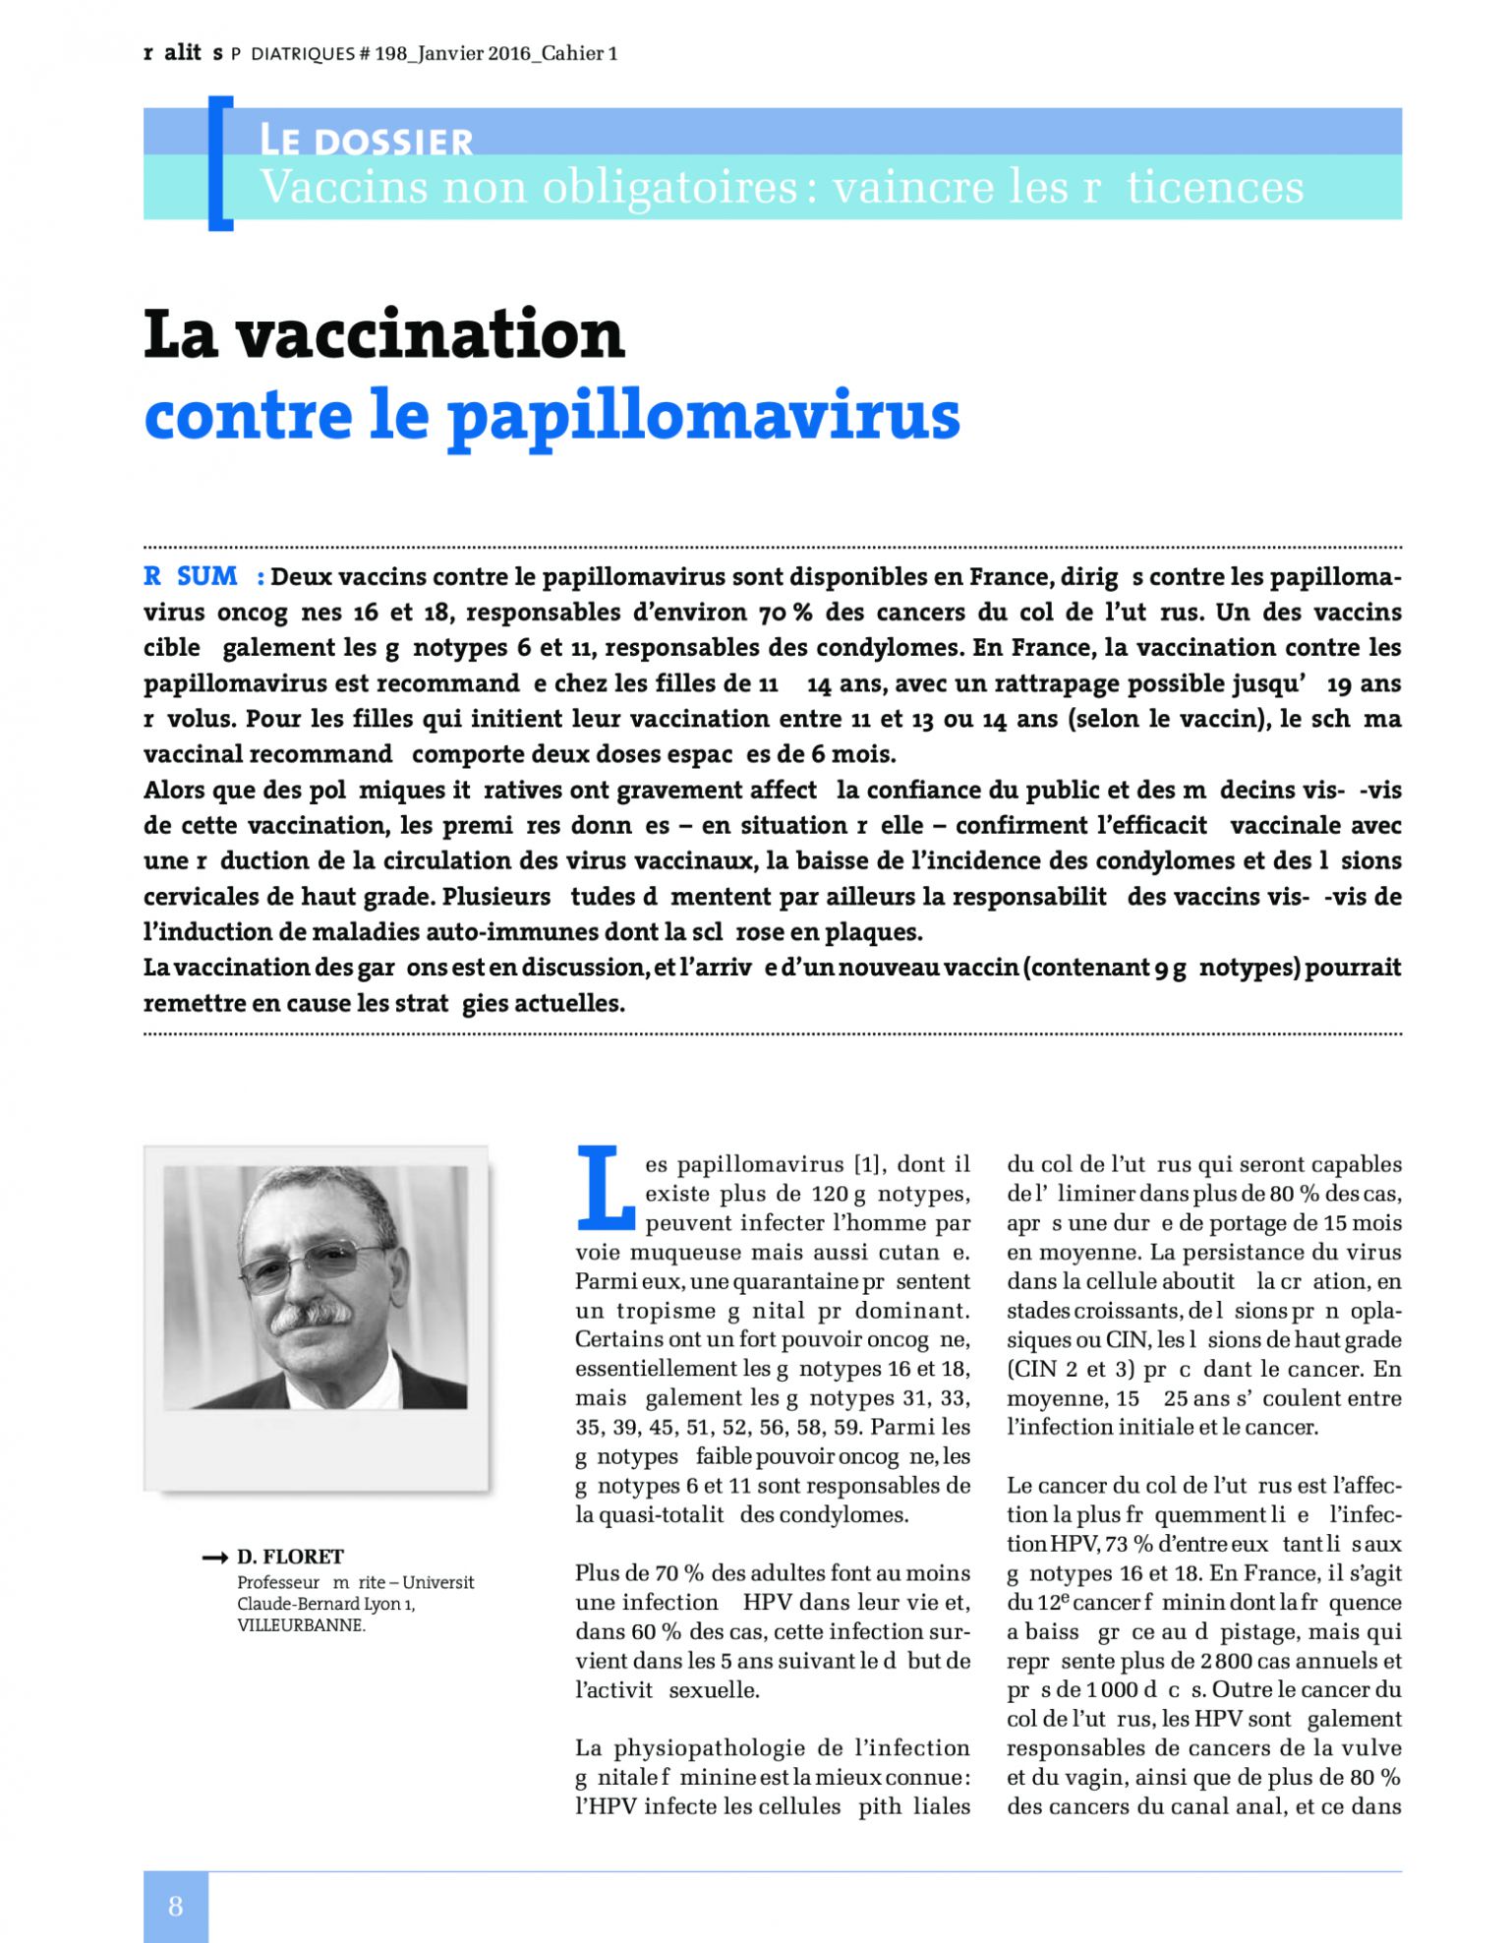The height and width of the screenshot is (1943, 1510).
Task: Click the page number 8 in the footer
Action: tap(175, 1907)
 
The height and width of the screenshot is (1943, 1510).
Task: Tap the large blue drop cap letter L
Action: tap(606, 1188)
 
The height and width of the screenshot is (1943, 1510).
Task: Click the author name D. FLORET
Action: tap(290, 1557)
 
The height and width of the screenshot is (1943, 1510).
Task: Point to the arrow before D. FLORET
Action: tap(214, 1558)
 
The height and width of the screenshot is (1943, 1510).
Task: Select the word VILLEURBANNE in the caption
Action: tap(301, 1625)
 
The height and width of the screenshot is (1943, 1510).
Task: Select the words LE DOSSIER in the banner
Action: tap(366, 141)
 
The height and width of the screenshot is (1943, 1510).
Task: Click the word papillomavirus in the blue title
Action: tap(703, 417)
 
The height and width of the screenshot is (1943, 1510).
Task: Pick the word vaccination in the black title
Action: tap(430, 334)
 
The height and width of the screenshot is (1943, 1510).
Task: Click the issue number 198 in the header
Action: tap(390, 54)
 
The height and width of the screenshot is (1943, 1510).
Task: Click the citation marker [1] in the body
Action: tap(865, 1165)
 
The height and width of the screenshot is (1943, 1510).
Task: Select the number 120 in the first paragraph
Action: tap(831, 1195)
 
